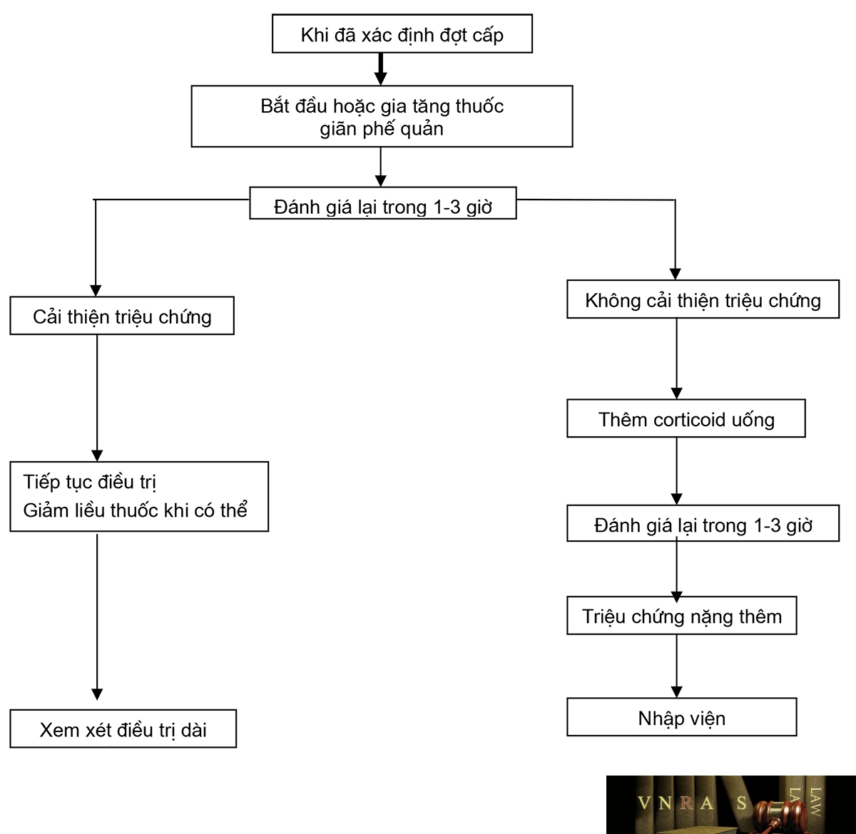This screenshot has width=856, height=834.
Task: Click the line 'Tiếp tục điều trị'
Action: (90, 483)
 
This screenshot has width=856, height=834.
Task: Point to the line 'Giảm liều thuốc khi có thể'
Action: (135, 510)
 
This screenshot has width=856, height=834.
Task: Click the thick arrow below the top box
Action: (380, 69)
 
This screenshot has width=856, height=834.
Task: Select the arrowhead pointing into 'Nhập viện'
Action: (676, 692)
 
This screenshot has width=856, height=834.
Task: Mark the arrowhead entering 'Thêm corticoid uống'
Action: (676, 393)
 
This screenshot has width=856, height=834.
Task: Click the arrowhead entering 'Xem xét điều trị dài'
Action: (97, 694)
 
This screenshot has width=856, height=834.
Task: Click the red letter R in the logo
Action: (686, 803)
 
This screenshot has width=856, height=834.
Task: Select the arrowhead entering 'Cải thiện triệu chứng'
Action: (96, 291)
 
